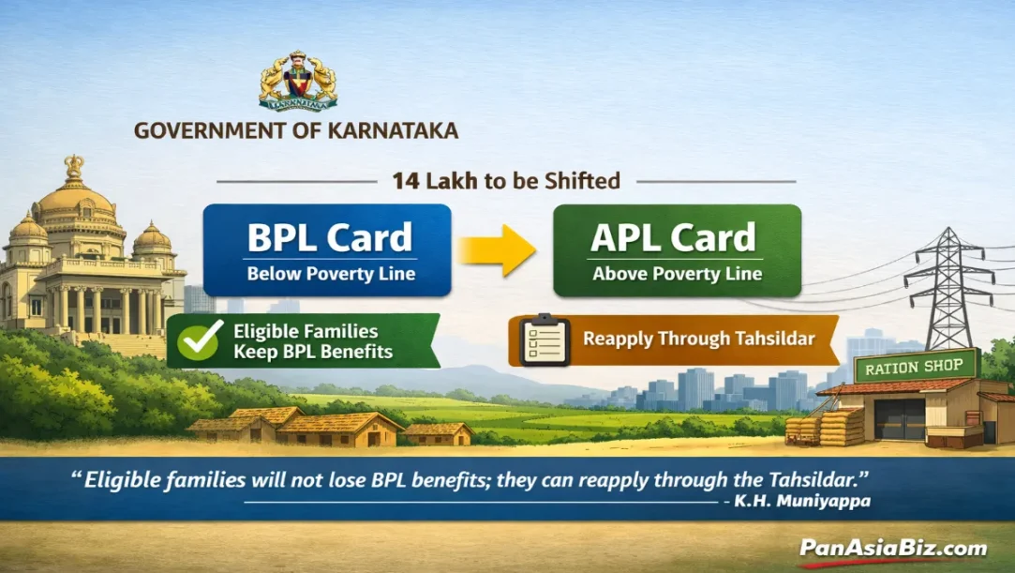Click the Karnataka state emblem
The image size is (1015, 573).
tap(297, 81)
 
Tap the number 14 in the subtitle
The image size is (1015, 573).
tap(406, 180)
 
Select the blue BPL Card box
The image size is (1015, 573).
tap(327, 249)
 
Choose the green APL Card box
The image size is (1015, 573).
tap(677, 249)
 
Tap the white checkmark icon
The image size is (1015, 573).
tap(201, 340)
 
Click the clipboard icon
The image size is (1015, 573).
tap(545, 339)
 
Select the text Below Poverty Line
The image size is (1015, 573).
tap(331, 275)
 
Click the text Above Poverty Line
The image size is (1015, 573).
tap(677, 275)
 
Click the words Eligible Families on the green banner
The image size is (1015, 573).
tap(306, 331)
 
